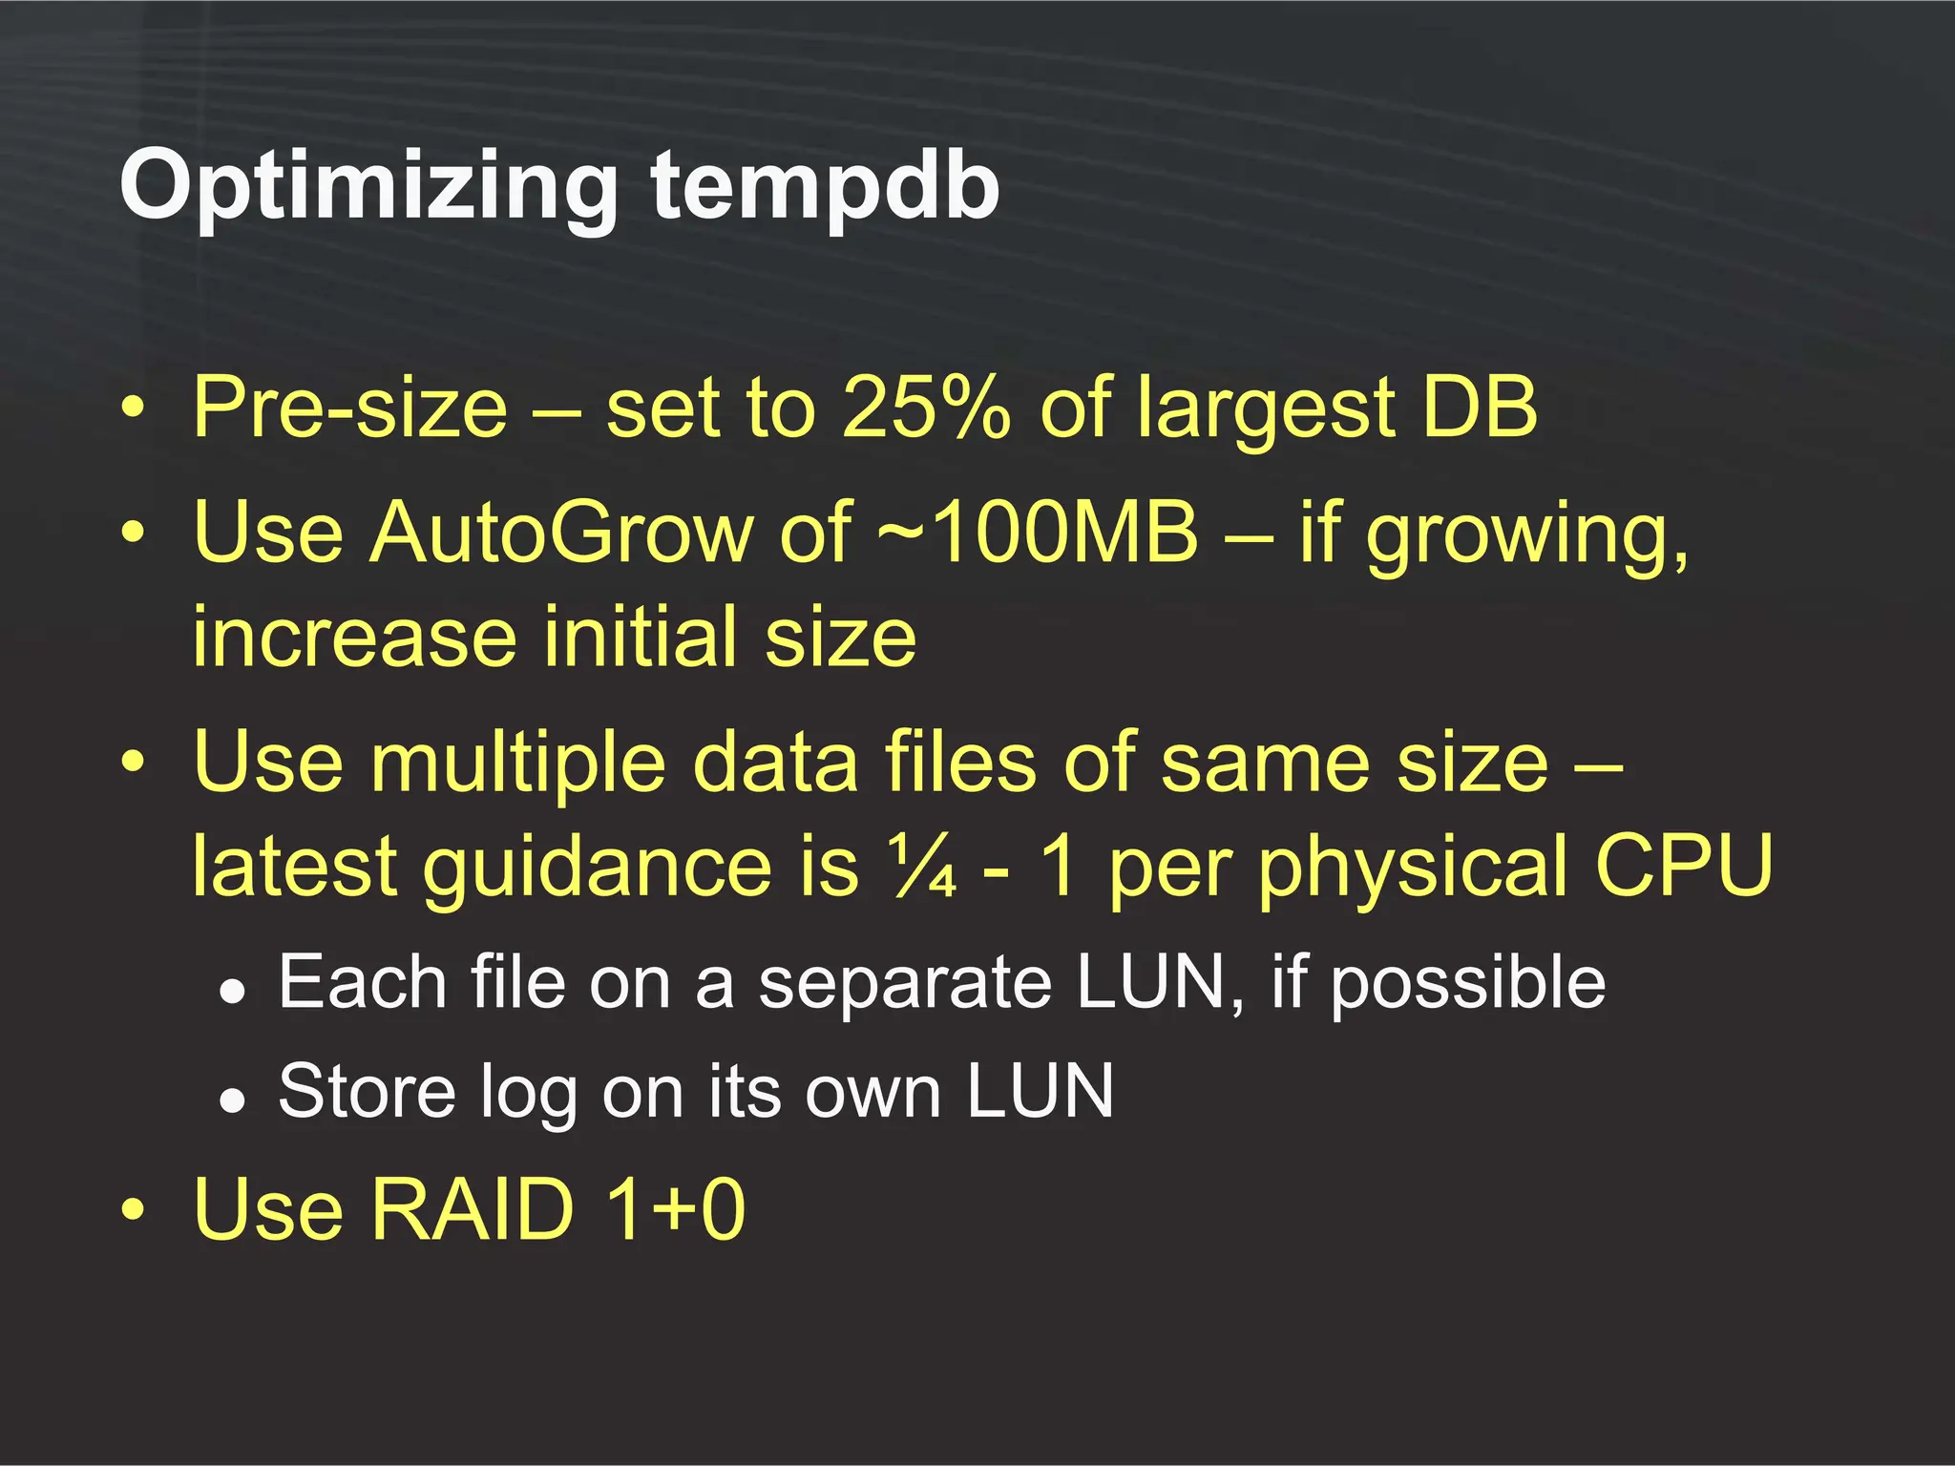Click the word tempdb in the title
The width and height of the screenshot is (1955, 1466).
click(x=825, y=186)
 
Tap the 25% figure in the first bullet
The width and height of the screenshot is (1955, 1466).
click(x=925, y=408)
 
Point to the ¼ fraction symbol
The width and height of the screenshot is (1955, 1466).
click(x=922, y=867)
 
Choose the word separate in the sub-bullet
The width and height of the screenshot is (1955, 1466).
click(x=903, y=983)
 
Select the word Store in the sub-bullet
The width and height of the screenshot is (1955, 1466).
click(x=367, y=1091)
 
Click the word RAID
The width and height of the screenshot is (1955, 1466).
click(x=472, y=1209)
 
